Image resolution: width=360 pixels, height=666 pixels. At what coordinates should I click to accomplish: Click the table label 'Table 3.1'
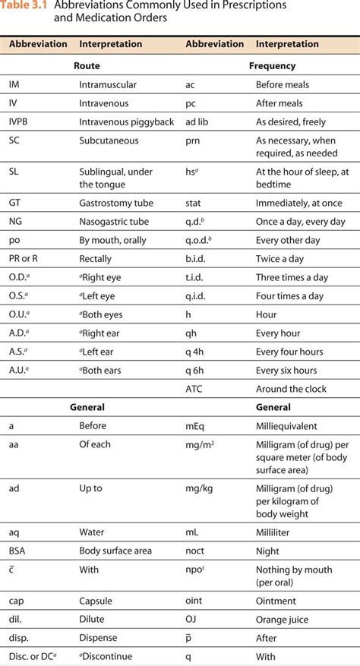25,5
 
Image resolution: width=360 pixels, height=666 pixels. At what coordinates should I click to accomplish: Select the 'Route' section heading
87,66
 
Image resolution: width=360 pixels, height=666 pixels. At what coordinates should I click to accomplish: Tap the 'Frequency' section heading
272,66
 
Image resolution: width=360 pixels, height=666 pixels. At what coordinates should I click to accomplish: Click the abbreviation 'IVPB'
21,122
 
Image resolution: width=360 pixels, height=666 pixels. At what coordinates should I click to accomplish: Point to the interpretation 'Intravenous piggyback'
127,122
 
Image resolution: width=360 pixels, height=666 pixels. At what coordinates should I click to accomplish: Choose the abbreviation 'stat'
194,204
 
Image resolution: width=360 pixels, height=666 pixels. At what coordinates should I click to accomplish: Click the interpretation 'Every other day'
288,240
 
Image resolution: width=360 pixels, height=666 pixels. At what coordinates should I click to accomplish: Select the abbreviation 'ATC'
194,389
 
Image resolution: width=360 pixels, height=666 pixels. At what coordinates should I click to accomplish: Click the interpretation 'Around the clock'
291,389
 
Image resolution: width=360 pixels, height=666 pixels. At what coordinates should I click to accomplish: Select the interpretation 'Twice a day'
280,259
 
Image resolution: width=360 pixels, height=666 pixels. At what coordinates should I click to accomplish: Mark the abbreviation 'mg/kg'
198,488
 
